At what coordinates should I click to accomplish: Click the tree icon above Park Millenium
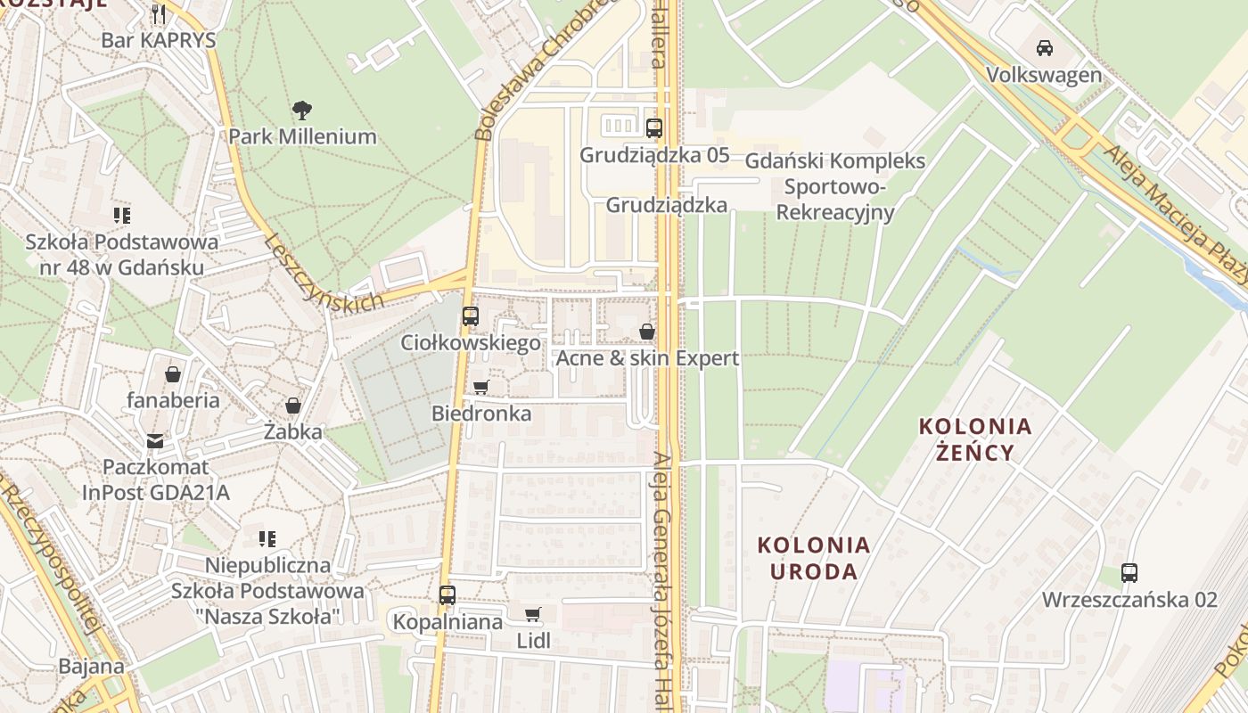(x=302, y=111)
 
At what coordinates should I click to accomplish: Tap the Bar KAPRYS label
(x=159, y=40)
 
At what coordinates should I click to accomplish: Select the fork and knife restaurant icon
(x=160, y=13)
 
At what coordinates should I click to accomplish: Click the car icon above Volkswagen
(x=1045, y=48)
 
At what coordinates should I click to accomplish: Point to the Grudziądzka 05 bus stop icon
(x=654, y=128)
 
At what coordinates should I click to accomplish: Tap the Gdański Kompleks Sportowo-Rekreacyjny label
(x=835, y=186)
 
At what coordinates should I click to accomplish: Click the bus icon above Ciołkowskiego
(x=470, y=316)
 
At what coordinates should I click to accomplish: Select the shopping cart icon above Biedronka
(x=481, y=387)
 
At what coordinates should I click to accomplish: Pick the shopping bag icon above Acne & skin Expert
(x=647, y=332)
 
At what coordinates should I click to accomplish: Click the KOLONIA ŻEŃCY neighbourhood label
(x=976, y=439)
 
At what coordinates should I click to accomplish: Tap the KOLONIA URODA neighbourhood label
(x=814, y=558)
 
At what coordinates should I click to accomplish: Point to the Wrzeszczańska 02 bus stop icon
(x=1129, y=572)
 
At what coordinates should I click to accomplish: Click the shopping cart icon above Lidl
(x=533, y=614)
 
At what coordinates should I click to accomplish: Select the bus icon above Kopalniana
(x=447, y=594)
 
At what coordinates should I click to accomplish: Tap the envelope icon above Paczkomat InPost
(x=156, y=440)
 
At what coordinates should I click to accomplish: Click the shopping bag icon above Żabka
(x=292, y=406)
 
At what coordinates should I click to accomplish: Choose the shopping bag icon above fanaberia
(x=173, y=374)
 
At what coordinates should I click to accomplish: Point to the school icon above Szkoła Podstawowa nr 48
(x=122, y=215)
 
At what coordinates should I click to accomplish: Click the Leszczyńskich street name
(x=324, y=273)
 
